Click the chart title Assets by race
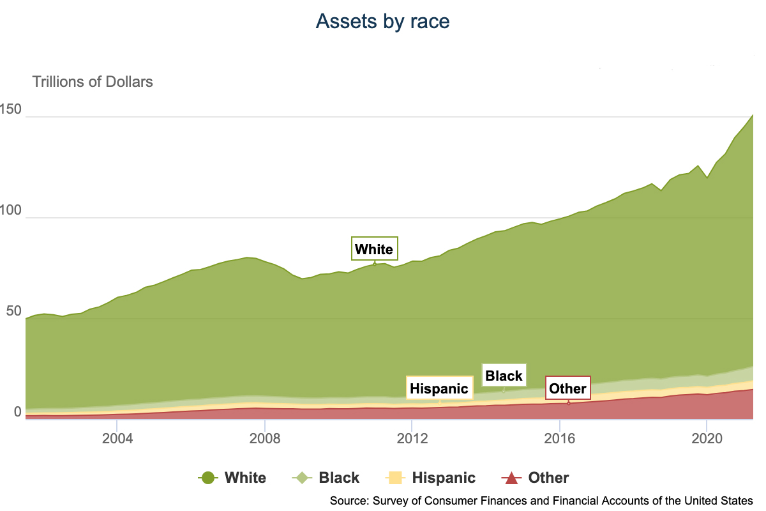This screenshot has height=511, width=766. pos(383,22)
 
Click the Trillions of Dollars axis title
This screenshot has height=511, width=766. pos(93,82)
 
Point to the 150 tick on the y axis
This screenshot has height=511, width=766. pos(11,110)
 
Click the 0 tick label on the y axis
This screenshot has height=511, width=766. pos(17,413)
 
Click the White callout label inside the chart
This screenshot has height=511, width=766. pos(374,249)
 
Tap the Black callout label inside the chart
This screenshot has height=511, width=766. pos(504,376)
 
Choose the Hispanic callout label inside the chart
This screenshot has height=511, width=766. pos(439,388)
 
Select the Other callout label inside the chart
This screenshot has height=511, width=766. pos(567,388)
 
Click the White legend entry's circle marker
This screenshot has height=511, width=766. pos(207,478)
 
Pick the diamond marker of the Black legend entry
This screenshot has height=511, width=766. pos(301,478)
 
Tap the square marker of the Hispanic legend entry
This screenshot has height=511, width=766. pos(394,478)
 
